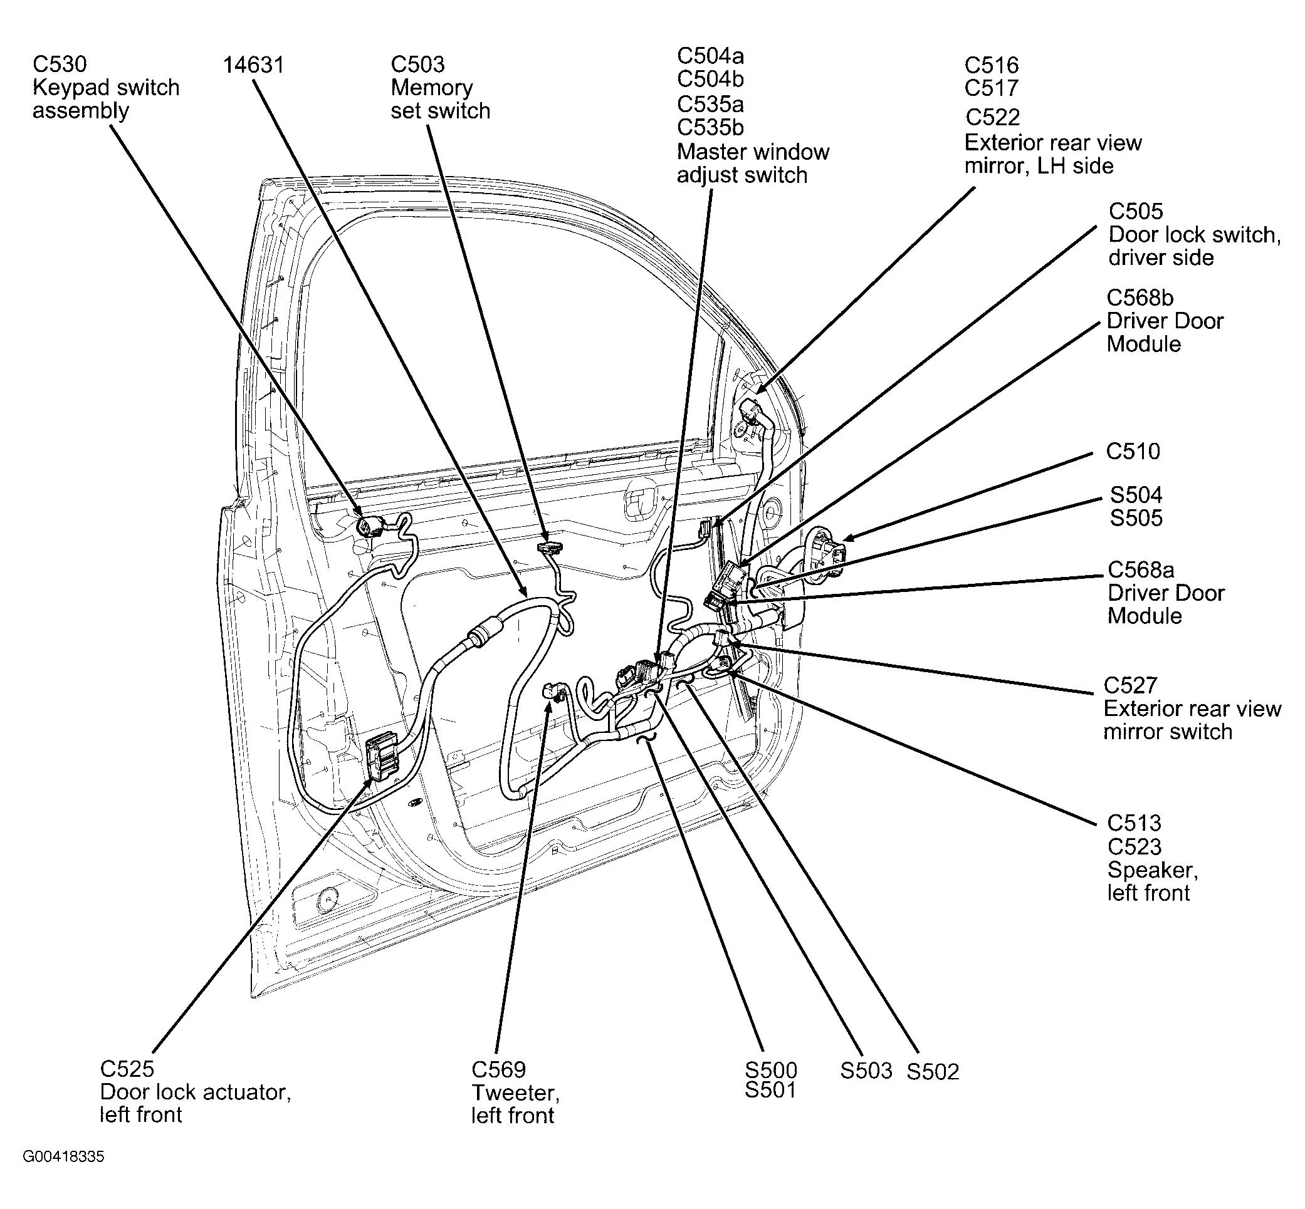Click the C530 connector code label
pos(60,64)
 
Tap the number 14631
pos(253,65)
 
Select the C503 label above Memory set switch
pos(417,64)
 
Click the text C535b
pos(710,127)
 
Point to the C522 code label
pos(992,117)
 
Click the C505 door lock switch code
pos(1136,211)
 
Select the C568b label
pos(1140,298)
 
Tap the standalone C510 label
pos(1132,452)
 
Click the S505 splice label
pos(1136,518)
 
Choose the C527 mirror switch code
pos(1130,685)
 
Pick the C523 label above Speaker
pos(1134,846)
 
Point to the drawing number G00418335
pos(63,1156)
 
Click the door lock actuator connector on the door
pos(382,756)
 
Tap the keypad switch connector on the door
pos(367,526)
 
